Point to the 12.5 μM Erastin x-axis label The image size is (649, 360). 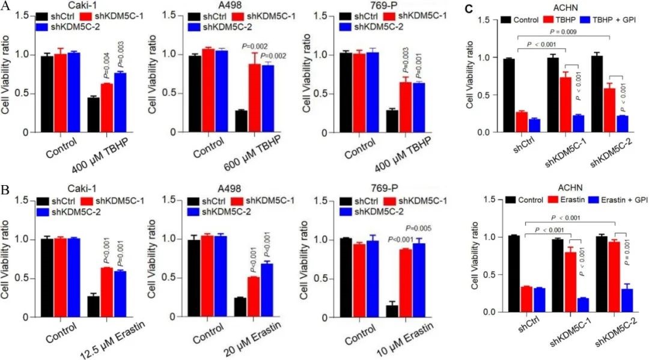click(x=106, y=338)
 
